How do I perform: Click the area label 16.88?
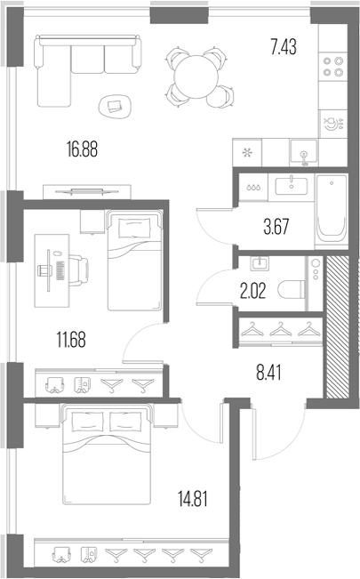(82, 149)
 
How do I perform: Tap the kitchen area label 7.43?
(284, 47)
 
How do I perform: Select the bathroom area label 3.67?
(276, 227)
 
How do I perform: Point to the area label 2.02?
(253, 291)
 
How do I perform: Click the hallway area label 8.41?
(268, 372)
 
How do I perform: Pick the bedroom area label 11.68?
(71, 340)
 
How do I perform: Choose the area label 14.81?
(193, 499)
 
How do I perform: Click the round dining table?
(196, 76)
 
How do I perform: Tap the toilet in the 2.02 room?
(292, 289)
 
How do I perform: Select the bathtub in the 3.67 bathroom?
(332, 210)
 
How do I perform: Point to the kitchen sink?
(303, 152)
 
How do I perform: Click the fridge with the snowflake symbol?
(247, 152)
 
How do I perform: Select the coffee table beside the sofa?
(116, 107)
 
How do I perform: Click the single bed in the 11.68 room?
(134, 261)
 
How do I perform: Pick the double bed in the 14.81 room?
(107, 455)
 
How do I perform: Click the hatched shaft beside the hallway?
(336, 326)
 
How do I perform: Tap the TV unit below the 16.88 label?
(87, 191)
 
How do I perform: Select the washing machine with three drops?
(253, 188)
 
